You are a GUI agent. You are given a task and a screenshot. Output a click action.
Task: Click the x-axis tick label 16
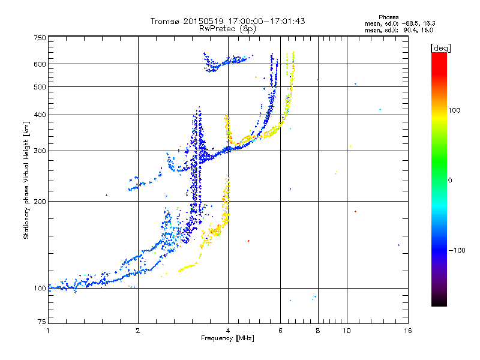coord(407,331)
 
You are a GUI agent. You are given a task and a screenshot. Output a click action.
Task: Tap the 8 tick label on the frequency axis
coord(318,331)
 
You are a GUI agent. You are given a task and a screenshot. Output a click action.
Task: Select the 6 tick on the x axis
coord(281,331)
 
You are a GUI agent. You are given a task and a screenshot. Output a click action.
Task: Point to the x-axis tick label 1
coord(49,331)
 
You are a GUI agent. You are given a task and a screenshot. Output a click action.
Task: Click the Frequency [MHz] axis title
coord(227,339)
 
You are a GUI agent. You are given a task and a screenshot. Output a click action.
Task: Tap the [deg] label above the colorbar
coord(440,47)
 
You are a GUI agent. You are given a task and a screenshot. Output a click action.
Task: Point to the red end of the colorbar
coord(439,56)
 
